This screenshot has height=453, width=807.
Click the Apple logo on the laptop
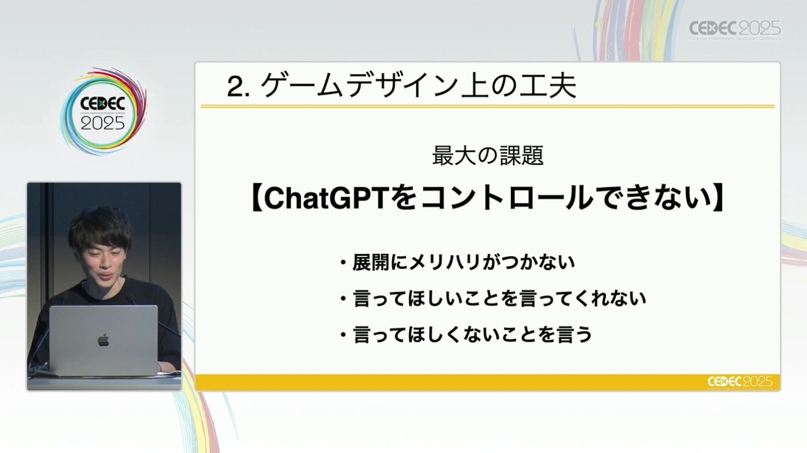point(103,340)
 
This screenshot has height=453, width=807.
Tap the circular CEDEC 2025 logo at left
point(104,112)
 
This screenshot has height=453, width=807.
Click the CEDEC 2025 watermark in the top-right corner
point(735,30)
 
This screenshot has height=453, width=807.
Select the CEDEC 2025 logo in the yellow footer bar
point(740,382)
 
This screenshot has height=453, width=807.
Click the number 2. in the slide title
point(238,87)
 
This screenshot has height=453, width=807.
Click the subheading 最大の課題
point(488,155)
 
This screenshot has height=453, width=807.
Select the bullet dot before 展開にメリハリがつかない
point(343,263)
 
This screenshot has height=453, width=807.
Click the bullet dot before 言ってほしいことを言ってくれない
point(343,299)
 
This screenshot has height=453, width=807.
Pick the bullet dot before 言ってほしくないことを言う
point(343,335)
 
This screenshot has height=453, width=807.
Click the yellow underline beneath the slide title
point(487,107)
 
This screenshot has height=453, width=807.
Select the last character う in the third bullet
point(584,334)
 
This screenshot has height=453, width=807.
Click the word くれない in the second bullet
point(610,298)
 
